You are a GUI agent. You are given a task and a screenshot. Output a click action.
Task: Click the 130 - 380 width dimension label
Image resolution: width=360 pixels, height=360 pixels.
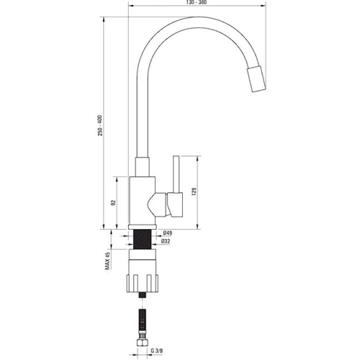[197, 3]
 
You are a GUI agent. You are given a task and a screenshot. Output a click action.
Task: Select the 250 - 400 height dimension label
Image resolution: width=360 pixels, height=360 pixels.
[100, 126]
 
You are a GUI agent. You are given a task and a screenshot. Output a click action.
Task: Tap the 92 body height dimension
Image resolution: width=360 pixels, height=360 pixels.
[114, 202]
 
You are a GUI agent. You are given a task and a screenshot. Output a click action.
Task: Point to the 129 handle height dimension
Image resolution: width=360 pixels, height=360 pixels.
[194, 192]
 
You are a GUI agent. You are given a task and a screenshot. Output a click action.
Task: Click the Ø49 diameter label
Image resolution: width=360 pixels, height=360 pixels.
[168, 233]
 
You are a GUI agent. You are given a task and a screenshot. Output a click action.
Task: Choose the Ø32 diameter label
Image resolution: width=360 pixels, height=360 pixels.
[166, 241]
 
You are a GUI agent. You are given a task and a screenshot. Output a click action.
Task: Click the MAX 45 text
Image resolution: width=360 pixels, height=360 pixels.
[107, 261]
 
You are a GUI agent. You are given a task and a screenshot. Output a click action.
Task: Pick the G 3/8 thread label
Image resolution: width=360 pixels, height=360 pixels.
[157, 351]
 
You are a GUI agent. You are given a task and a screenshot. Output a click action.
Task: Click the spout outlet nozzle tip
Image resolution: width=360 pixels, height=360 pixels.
[256, 79]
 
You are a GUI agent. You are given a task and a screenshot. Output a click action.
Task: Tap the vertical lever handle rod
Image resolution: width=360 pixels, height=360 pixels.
[176, 174]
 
